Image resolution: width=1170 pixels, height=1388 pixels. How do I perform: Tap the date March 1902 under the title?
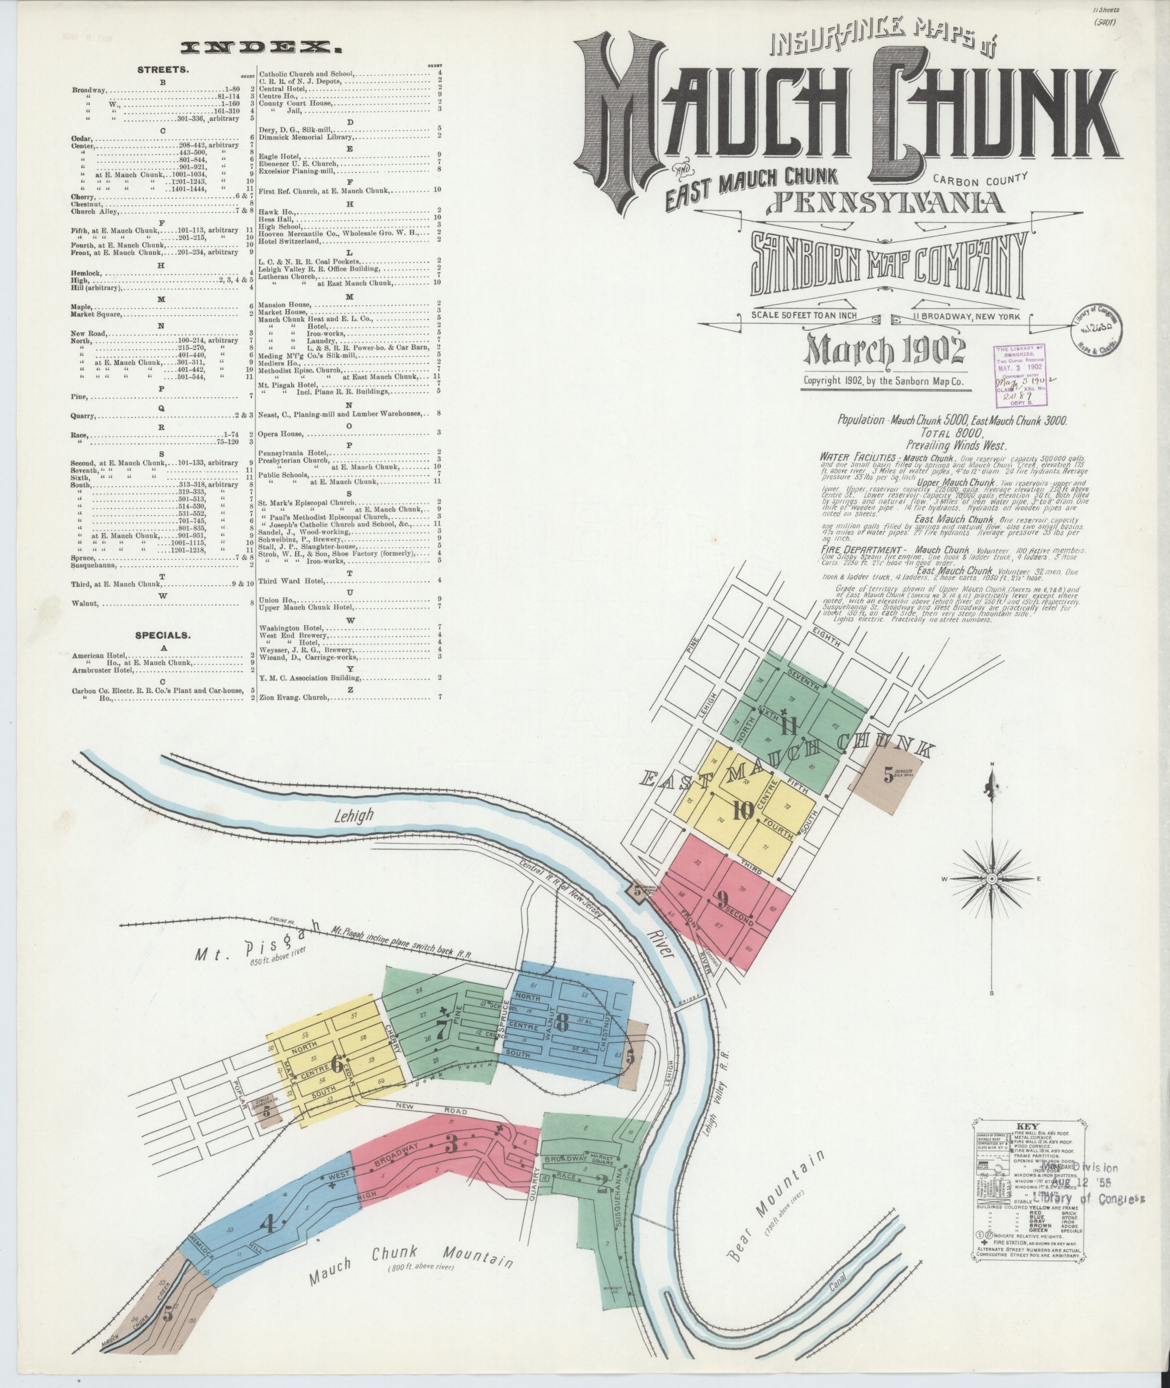tap(884, 352)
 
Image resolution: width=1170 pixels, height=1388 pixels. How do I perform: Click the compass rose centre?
tap(992, 879)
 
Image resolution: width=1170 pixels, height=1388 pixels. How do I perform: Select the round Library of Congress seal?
tap(1096, 330)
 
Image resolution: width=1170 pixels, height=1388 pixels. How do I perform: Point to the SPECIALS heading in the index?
tap(163, 635)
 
